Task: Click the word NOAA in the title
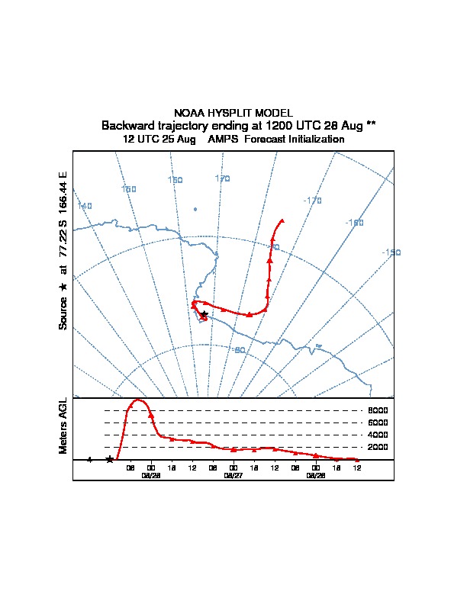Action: pos(188,113)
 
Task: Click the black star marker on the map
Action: pos(204,313)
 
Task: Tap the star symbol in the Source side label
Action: pos(63,287)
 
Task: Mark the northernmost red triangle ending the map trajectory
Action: pos(282,220)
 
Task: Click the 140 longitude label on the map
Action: pos(84,206)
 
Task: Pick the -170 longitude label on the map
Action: pos(312,201)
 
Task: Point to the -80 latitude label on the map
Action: pos(239,350)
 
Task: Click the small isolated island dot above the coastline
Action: pos(195,209)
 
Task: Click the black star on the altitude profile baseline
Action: pos(110,459)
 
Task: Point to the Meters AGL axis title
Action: pos(63,426)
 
